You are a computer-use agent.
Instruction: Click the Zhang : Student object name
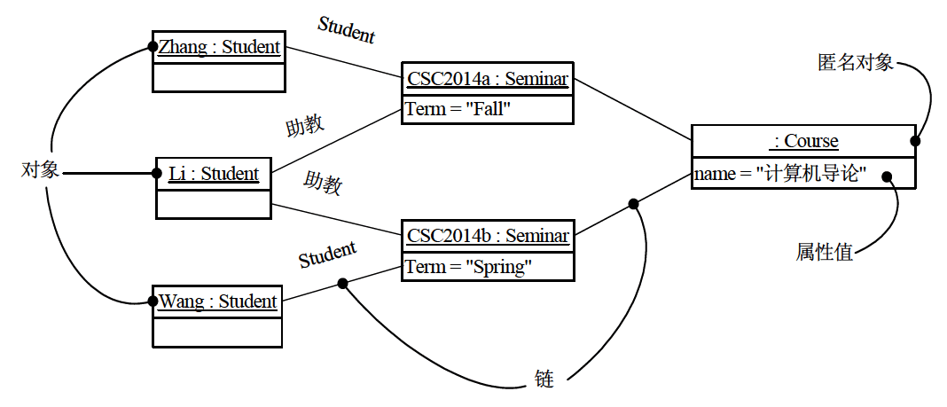pos(219,47)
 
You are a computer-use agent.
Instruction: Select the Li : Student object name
pos(213,174)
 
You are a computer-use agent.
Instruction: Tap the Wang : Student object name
pos(218,301)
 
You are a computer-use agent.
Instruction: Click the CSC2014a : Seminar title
pos(487,79)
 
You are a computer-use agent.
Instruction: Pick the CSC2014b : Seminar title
pos(487,236)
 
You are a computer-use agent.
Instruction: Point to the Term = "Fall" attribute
pos(458,109)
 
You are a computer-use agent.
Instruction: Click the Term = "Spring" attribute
pos(468,266)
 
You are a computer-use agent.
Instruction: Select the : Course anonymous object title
pos(805,141)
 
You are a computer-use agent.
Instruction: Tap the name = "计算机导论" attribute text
pos(779,174)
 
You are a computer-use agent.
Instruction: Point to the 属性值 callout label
pos(824,253)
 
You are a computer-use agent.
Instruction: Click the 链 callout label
pos(544,380)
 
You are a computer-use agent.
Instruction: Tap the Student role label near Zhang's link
pos(347,30)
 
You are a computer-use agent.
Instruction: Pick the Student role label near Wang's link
pos(327,255)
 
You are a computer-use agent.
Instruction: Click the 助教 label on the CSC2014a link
pos(304,125)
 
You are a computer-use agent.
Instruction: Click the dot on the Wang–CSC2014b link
pos(342,284)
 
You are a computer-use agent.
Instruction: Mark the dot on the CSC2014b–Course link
pos(633,204)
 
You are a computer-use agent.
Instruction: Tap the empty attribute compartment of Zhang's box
pos(219,77)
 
